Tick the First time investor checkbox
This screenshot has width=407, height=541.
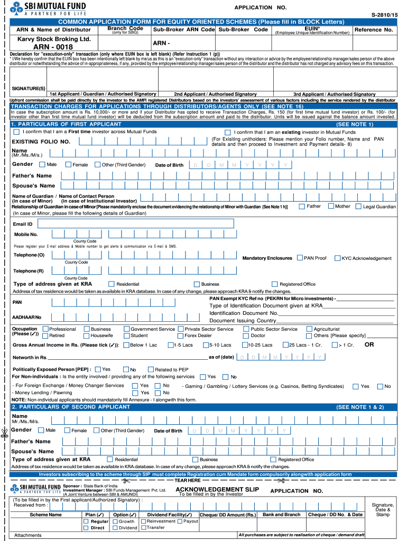(17, 132)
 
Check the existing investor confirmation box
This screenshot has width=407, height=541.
(227, 133)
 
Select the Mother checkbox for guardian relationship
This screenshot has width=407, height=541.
(331, 206)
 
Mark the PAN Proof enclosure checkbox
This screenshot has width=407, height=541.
(300, 258)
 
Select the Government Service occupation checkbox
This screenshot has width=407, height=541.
(127, 329)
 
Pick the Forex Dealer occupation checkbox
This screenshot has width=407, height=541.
(180, 335)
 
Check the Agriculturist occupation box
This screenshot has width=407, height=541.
(309, 329)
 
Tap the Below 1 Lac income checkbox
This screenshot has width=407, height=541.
(126, 345)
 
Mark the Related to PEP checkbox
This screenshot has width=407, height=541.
(151, 369)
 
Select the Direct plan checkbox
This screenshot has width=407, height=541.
(86, 527)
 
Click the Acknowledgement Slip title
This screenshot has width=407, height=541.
(209, 489)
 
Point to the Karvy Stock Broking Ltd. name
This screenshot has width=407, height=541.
(47, 39)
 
